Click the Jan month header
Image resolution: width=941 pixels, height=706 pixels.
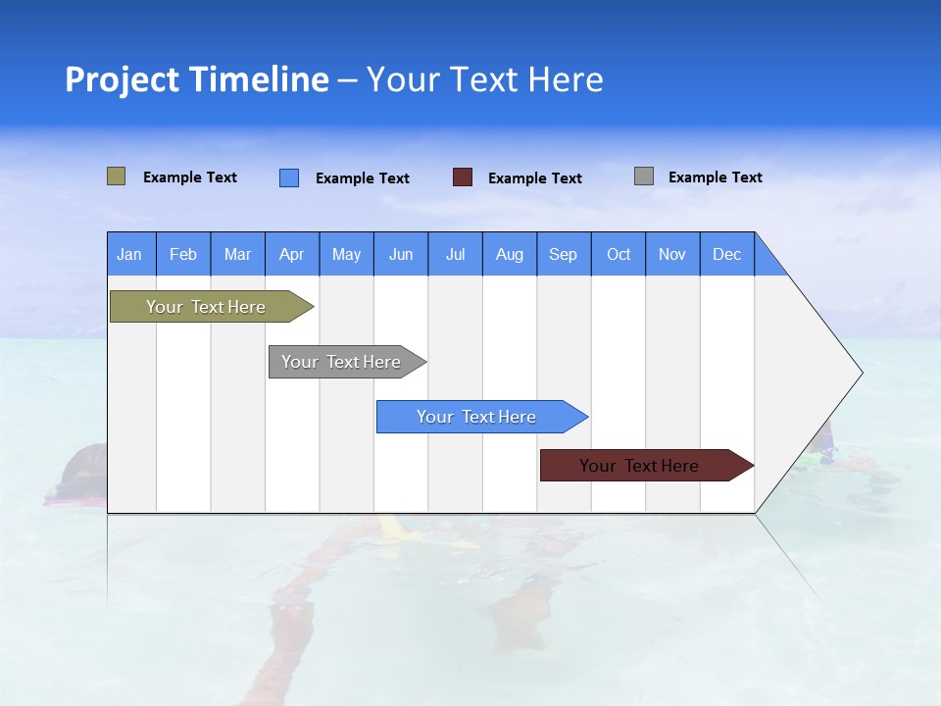pyautogui.click(x=129, y=254)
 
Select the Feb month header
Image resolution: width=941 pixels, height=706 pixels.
pyautogui.click(x=183, y=254)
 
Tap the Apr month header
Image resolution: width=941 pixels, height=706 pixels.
pyautogui.click(x=291, y=254)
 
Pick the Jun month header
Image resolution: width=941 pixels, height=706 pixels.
pyautogui.click(x=401, y=254)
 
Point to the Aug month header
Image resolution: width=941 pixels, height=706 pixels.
pyautogui.click(x=509, y=254)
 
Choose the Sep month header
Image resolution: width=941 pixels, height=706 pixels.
pyautogui.click(x=563, y=254)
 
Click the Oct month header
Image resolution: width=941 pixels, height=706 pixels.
pyautogui.click(x=619, y=254)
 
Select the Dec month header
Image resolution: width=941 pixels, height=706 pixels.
pyautogui.click(x=726, y=254)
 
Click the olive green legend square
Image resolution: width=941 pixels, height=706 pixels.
pyautogui.click(x=117, y=176)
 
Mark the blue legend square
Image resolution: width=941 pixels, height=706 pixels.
pyautogui.click(x=289, y=177)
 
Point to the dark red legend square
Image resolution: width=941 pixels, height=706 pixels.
pyautogui.click(x=463, y=177)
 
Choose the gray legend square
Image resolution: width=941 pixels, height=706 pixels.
pyautogui.click(x=644, y=176)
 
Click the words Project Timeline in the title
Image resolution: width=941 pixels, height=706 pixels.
pyautogui.click(x=196, y=79)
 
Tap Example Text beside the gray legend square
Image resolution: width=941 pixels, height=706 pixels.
pyautogui.click(x=715, y=177)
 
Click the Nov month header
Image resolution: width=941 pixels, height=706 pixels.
pyautogui.click(x=672, y=254)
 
